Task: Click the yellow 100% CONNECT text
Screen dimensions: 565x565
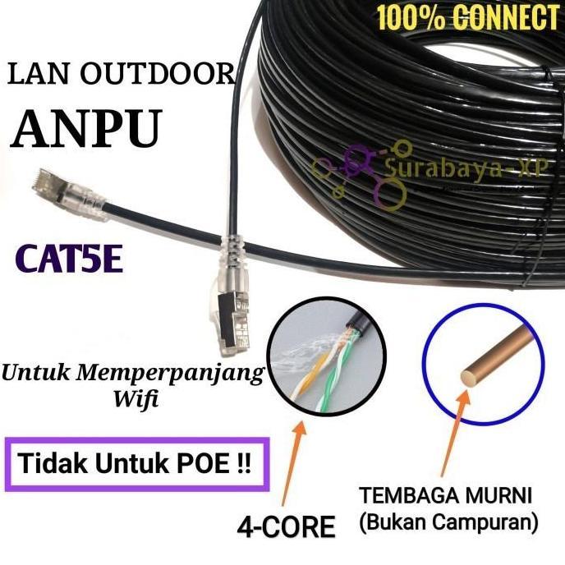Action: [467, 16]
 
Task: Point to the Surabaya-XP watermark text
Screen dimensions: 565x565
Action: [467, 172]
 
